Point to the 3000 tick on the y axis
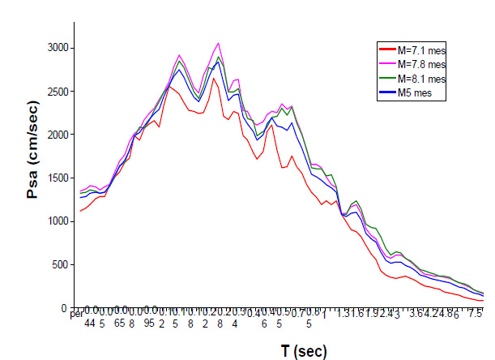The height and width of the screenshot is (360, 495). coord(53,49)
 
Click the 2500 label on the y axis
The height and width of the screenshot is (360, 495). coord(53,92)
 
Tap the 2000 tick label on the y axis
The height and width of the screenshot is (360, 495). coord(53,135)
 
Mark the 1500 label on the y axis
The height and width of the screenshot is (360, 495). coord(53,178)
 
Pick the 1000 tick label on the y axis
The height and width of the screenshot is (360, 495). coord(53,221)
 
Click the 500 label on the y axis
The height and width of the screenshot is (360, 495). coord(57,265)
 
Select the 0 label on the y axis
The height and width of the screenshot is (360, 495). coord(63,308)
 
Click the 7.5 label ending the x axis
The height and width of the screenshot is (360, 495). coord(476,313)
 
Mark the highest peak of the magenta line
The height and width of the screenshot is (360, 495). coord(218,44)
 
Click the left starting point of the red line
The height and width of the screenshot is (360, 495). coord(80,212)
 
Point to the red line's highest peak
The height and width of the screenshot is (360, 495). coord(214,79)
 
